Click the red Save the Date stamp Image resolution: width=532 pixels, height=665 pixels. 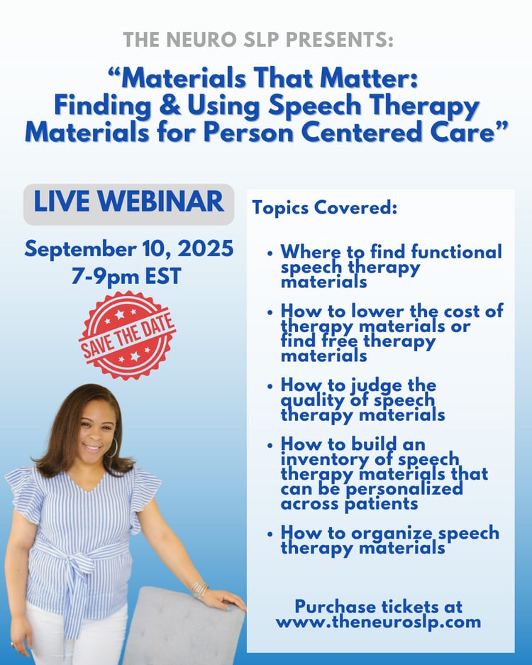(127, 336)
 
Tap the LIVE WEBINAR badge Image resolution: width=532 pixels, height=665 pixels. (129, 204)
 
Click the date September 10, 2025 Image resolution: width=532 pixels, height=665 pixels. (129, 248)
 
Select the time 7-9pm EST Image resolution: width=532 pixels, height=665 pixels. (126, 276)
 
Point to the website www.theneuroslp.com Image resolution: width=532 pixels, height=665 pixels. (378, 622)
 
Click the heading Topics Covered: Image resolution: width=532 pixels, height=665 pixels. (325, 207)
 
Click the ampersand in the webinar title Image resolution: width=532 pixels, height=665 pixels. (170, 106)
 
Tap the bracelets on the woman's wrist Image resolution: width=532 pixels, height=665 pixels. (199, 590)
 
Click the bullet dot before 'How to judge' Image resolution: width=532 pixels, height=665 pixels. (270, 386)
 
